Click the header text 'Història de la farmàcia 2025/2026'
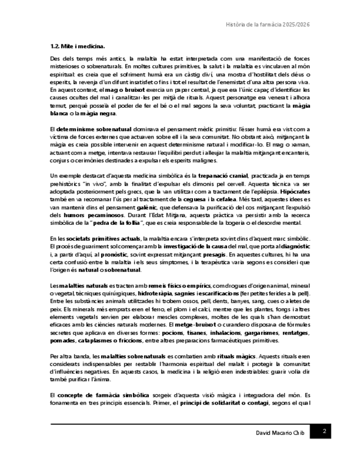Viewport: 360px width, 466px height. point(269,25)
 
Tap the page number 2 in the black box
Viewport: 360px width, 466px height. point(324,431)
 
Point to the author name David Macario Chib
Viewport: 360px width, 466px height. point(280,433)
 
